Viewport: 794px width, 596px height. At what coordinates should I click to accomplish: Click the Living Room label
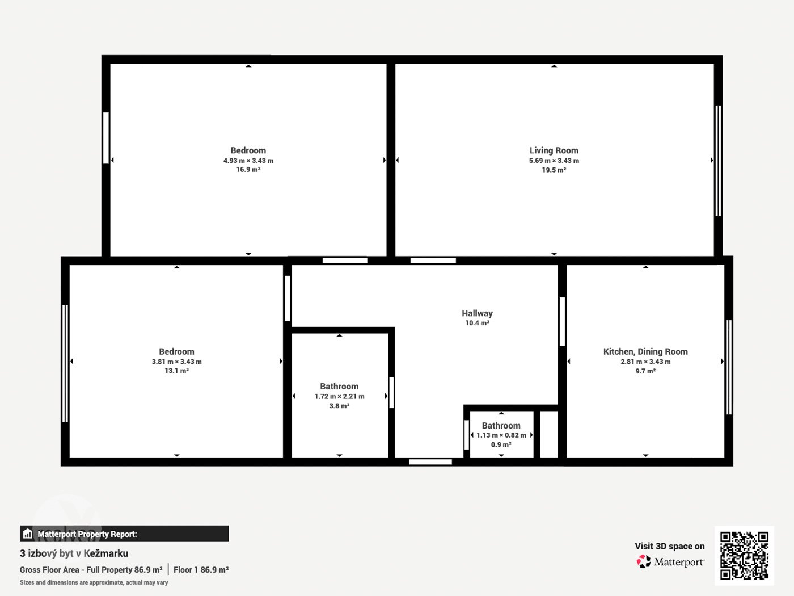[554, 150]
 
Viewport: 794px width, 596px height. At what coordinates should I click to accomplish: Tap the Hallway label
[477, 313]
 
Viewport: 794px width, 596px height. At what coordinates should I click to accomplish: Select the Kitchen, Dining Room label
[645, 351]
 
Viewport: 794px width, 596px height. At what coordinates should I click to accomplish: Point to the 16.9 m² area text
[248, 169]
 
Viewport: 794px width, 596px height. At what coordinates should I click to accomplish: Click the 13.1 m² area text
[176, 371]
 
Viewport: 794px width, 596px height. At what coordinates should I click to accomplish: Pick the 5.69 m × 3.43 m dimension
[554, 160]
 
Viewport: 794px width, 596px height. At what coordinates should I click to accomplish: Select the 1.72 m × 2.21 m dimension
[339, 396]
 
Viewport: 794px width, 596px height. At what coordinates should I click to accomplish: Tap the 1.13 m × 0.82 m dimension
[501, 435]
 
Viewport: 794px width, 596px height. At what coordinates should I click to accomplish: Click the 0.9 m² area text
[501, 444]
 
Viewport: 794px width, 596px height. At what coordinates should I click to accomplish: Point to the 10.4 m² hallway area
[477, 323]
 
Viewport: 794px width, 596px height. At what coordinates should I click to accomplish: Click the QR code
[744, 556]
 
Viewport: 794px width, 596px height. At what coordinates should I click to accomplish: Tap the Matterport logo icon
[644, 561]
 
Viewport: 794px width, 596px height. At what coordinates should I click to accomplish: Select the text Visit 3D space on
[670, 546]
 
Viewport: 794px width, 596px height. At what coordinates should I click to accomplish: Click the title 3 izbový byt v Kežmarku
[74, 553]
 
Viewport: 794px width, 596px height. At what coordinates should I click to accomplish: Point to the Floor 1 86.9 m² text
[201, 569]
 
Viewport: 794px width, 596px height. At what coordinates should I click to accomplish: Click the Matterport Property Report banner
[124, 534]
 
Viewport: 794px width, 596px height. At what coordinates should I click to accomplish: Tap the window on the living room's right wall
[719, 161]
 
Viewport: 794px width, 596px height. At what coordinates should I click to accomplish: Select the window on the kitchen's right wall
[729, 367]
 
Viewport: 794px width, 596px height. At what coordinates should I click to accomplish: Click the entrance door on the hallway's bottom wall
[430, 461]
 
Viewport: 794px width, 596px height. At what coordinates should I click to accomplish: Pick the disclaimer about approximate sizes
[94, 582]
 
